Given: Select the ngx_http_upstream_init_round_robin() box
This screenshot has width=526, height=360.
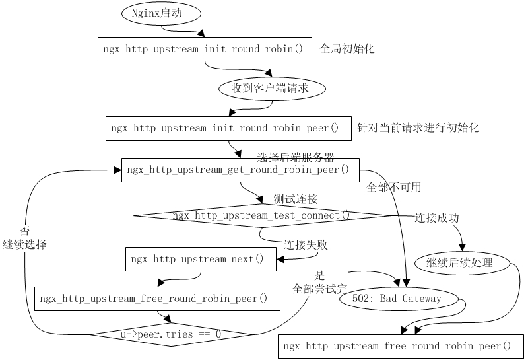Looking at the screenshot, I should click(x=205, y=49).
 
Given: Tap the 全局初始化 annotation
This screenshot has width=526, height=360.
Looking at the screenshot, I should click(x=347, y=49).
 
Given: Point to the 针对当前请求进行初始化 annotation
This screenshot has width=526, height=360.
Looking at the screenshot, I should click(x=418, y=128).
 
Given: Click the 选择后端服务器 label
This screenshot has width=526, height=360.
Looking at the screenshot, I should click(x=295, y=157).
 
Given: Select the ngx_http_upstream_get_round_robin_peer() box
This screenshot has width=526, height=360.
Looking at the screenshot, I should click(x=240, y=170).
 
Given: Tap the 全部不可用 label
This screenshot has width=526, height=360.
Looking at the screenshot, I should click(x=393, y=187).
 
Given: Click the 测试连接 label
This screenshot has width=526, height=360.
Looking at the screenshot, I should click(x=295, y=199).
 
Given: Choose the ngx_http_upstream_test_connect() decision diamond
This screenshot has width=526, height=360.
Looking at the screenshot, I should click(x=262, y=215).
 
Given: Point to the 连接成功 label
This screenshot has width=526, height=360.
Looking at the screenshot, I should click(x=436, y=218).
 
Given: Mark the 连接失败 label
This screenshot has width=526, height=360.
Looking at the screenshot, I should click(x=306, y=244).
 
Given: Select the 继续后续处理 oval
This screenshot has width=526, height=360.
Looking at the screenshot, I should click(x=464, y=262).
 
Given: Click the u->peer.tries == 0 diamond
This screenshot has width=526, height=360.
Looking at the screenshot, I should click(x=171, y=334).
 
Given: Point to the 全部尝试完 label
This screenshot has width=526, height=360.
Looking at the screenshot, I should click(x=320, y=289).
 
